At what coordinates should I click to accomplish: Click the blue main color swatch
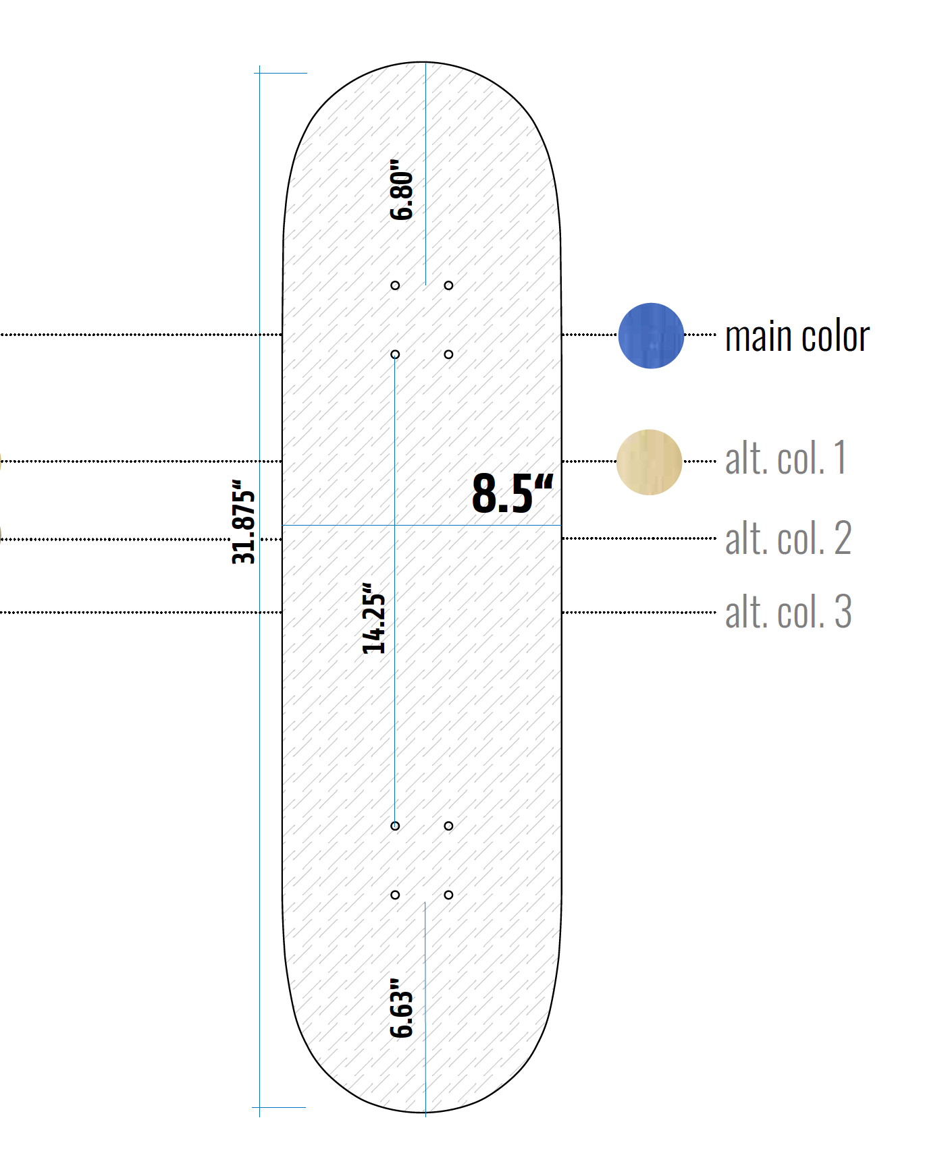point(651,335)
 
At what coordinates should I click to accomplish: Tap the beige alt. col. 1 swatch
point(649,462)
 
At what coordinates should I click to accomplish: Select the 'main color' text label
point(797,336)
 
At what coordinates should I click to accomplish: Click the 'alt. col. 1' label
point(785,459)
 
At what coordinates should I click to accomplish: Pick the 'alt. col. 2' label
point(788,538)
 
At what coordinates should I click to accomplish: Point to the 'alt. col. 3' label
point(788,612)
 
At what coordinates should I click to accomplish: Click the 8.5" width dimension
point(512,493)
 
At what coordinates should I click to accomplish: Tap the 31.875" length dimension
point(243,522)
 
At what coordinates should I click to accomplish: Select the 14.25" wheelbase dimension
point(373,619)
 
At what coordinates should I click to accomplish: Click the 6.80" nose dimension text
point(402,190)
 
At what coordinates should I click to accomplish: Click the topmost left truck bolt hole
point(395,285)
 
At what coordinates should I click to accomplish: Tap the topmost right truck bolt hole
point(448,285)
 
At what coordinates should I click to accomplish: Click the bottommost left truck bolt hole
point(395,895)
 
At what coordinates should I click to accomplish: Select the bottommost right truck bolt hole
point(448,895)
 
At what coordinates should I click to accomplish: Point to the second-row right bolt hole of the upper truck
point(448,354)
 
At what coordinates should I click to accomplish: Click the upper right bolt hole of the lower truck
point(448,826)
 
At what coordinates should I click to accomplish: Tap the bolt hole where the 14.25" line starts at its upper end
point(395,354)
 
